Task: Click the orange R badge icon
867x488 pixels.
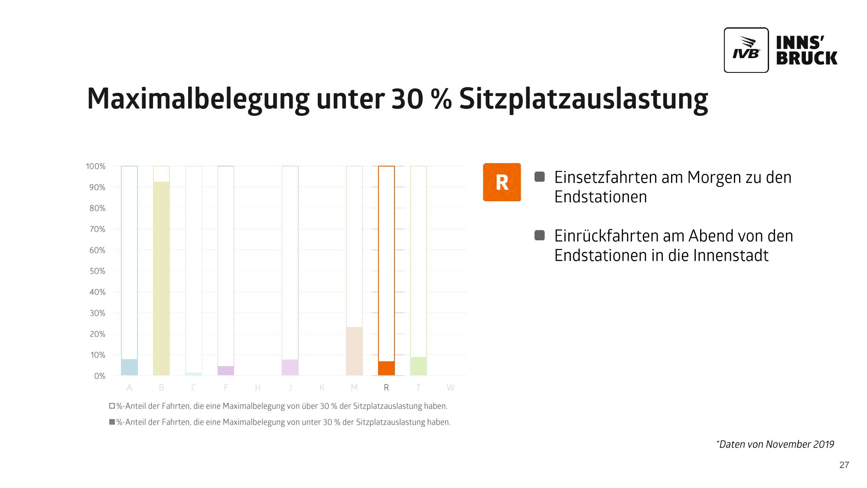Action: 502,182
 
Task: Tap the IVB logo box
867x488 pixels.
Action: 746,50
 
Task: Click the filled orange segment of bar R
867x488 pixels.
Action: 386,368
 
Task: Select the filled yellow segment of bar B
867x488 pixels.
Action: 161,278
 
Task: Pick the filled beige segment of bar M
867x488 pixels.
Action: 354,351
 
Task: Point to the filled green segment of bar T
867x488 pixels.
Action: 418,366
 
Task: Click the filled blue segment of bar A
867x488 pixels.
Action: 129,367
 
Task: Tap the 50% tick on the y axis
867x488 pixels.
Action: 98,271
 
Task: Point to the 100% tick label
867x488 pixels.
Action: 96,167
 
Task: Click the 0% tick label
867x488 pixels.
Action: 100,376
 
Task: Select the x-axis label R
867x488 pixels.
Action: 386,388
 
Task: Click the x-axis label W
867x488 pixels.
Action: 450,388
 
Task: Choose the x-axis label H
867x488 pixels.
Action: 257,388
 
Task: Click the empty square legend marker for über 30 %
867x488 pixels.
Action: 112,406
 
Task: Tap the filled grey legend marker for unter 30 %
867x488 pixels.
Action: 112,422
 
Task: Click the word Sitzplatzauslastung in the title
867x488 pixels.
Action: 583,99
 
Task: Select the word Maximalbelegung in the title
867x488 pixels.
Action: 198,99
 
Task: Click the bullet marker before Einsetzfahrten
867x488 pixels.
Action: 539,177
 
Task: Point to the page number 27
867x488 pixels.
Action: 844,465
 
